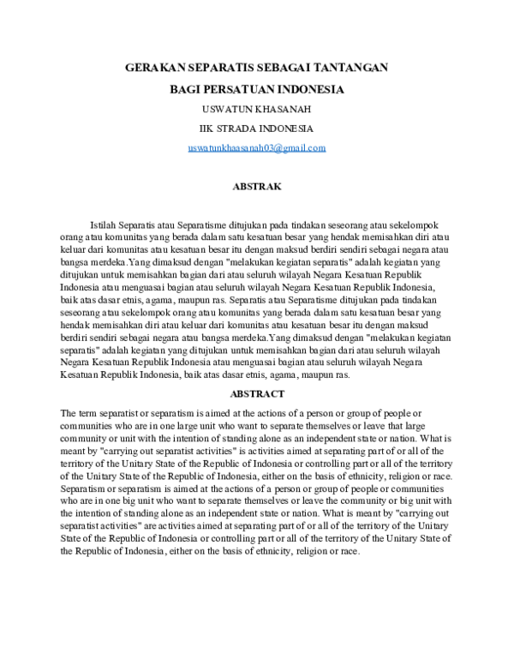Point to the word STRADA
tap(240, 129)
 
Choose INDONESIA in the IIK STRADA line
tap(287, 129)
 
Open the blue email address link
tap(257, 147)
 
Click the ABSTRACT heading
tap(257, 393)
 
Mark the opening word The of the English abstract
tap(69, 413)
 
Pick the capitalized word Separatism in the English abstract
tap(84, 488)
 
